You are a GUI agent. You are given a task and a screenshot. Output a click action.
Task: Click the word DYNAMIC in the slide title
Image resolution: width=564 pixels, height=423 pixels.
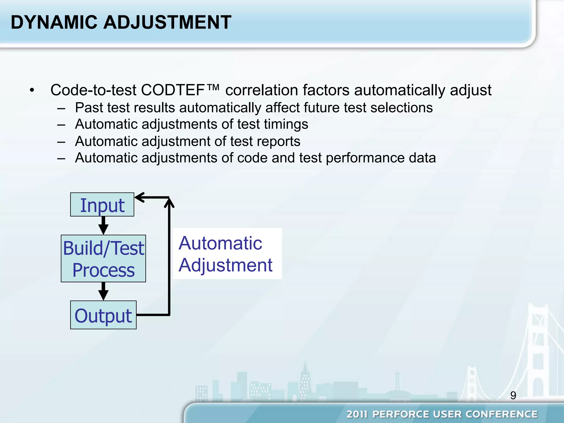click(54, 22)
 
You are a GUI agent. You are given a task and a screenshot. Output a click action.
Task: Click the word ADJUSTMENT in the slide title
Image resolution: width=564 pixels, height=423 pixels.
click(167, 22)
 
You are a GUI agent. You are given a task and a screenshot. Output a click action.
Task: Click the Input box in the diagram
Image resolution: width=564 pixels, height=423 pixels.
click(102, 205)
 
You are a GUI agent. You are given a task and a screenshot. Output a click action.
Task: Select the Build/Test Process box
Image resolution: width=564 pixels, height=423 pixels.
click(103, 259)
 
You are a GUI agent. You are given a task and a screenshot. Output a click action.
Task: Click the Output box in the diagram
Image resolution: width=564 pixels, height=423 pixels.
click(103, 315)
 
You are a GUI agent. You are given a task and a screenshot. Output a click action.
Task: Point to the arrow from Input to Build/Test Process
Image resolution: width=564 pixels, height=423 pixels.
click(103, 225)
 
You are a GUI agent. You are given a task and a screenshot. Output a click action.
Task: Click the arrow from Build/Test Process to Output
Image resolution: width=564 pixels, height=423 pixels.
click(103, 291)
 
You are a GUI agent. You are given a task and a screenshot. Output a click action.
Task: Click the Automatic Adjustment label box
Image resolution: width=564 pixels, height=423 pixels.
click(227, 254)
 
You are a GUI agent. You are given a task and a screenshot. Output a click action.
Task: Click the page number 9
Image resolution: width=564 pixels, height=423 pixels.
click(513, 395)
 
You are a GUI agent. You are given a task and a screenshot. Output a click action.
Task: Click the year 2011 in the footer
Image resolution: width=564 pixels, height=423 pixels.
click(357, 414)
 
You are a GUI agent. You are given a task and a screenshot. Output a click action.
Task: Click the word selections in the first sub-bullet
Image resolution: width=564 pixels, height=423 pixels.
click(401, 108)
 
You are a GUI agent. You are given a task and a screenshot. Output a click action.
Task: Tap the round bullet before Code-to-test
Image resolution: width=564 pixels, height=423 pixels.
click(32, 90)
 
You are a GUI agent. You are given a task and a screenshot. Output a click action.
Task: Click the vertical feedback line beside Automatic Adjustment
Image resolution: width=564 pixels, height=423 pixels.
click(169, 262)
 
